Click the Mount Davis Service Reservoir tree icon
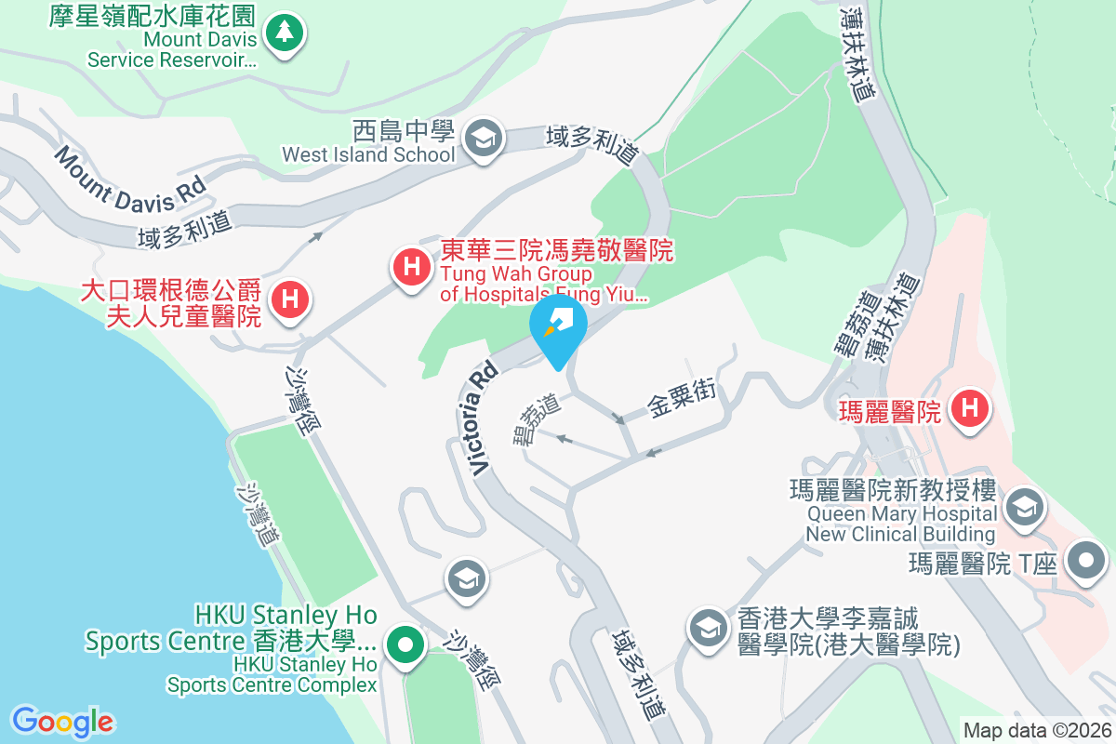point(284,33)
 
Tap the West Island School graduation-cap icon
point(483,139)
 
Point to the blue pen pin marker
point(557,326)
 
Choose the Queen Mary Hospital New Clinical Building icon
point(1023,509)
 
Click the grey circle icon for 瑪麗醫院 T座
point(1086,561)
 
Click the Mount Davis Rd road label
point(129,177)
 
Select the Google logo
point(62,722)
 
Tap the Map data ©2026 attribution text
point(1037,730)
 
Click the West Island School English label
point(368,154)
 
